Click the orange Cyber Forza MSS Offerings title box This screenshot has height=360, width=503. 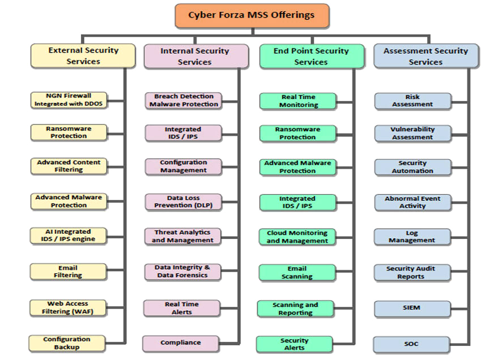252,15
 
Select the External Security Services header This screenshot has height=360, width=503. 83,56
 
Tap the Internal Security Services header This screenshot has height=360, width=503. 195,57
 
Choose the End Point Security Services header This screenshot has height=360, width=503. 311,57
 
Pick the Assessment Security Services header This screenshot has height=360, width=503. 425,57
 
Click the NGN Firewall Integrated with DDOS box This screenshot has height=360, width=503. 69,100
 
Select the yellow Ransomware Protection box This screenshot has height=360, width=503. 69,132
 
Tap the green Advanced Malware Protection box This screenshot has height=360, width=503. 297,167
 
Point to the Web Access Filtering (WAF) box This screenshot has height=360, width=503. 68,307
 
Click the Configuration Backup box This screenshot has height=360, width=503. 67,343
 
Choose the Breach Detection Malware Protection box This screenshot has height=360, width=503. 184,100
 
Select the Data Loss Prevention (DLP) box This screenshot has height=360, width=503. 183,202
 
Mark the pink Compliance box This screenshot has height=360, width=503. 181,342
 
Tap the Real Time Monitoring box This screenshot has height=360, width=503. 298,101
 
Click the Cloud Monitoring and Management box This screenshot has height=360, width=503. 297,237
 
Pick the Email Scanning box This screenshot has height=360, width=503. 297,272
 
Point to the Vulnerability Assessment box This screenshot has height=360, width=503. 412,133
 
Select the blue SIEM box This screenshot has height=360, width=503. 412,308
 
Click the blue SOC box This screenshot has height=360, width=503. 412,344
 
